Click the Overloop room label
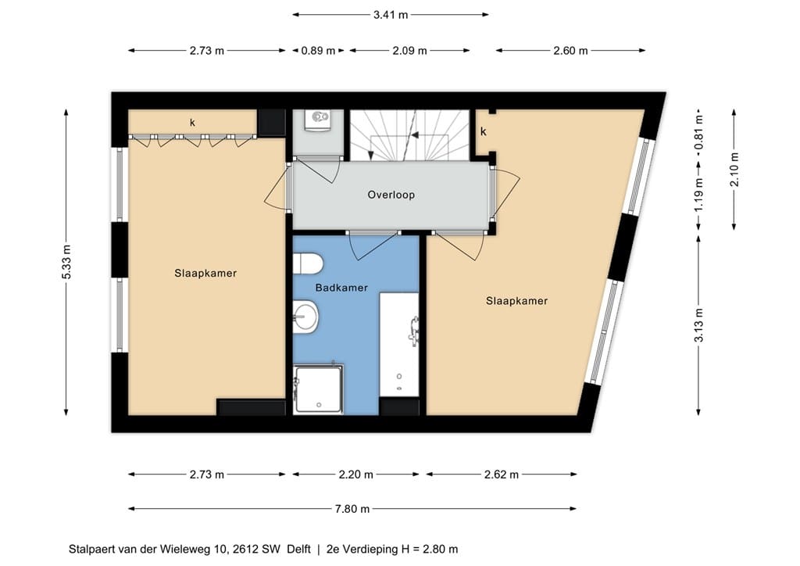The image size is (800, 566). pos(391,195)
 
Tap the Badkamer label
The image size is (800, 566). pos(341,288)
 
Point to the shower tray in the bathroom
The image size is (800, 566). pos(318,389)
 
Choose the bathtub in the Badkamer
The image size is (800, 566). pos(399,345)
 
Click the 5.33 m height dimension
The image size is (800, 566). pos(66,263)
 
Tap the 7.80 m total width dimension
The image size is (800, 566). pos(352,508)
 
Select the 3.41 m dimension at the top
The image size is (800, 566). pos(391,15)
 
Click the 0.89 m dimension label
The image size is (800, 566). pos(318,51)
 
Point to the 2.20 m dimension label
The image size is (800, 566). pos(355,475)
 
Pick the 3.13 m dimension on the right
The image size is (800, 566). pos(698,325)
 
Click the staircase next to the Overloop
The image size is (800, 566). pos(409,135)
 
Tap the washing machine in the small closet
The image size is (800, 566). pos(319,120)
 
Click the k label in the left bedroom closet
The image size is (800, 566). pos(192,123)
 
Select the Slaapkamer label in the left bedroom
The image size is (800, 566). pos(205,273)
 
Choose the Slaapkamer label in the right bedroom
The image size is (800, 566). pos(516,301)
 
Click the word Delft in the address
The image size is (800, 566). pos(299,549)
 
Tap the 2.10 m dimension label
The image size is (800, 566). pos(734,170)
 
